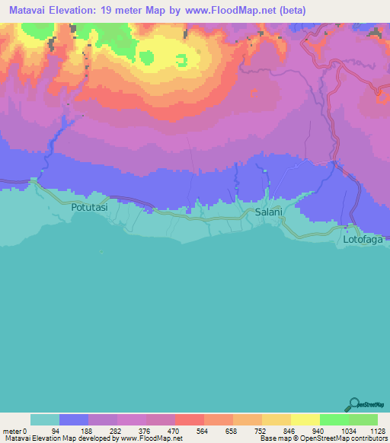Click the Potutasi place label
click(x=89, y=206)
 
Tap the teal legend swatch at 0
click(x=45, y=419)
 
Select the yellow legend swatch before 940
click(x=305, y=419)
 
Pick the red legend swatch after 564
click(x=219, y=419)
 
